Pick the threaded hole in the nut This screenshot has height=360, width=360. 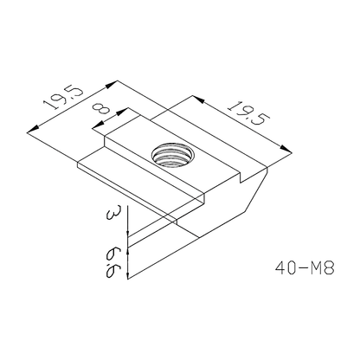(168, 157)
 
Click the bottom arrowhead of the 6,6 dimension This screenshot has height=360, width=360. (128, 277)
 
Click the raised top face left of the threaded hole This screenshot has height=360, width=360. (130, 143)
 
